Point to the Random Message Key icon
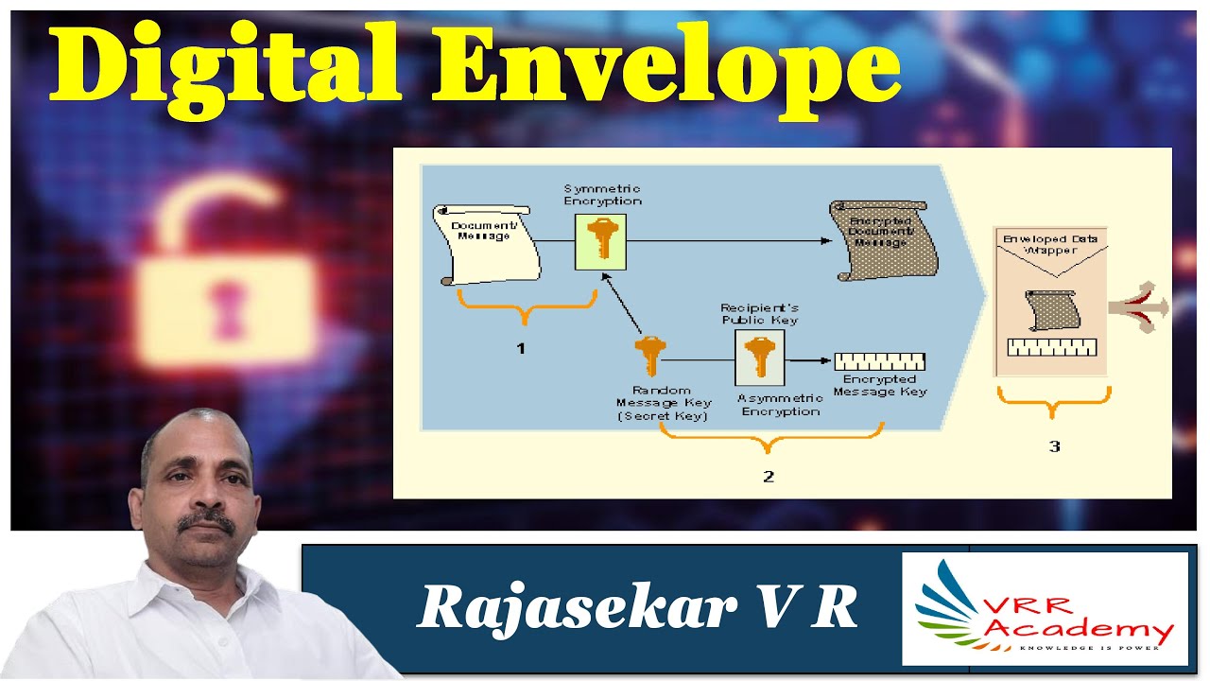648,358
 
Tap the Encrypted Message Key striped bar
879,360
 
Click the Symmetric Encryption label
602,195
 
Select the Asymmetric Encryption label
781,405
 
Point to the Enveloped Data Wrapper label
1050,244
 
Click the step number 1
520,348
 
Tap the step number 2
769,476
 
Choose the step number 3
1054,445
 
